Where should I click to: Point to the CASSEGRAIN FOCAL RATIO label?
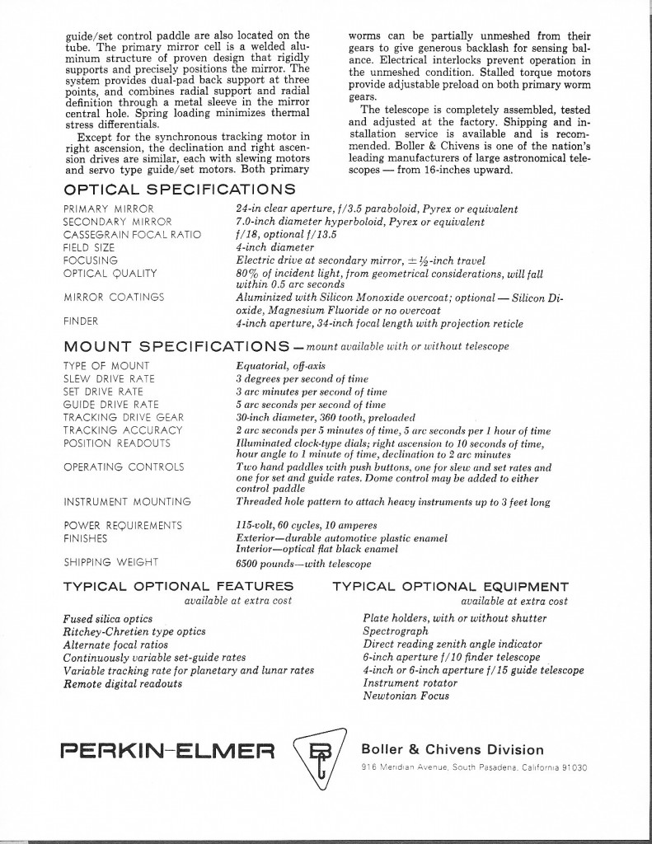pyautogui.click(x=132, y=234)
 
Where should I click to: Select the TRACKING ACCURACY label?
pyautogui.click(x=123, y=430)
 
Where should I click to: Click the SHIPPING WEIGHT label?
pyautogui.click(x=112, y=563)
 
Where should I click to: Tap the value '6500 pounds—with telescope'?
pyautogui.click(x=303, y=564)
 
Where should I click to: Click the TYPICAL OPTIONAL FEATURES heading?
pyautogui.click(x=178, y=587)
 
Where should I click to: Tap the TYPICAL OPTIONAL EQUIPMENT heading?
pyautogui.click(x=450, y=587)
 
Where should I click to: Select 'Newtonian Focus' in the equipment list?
pyautogui.click(x=406, y=696)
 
